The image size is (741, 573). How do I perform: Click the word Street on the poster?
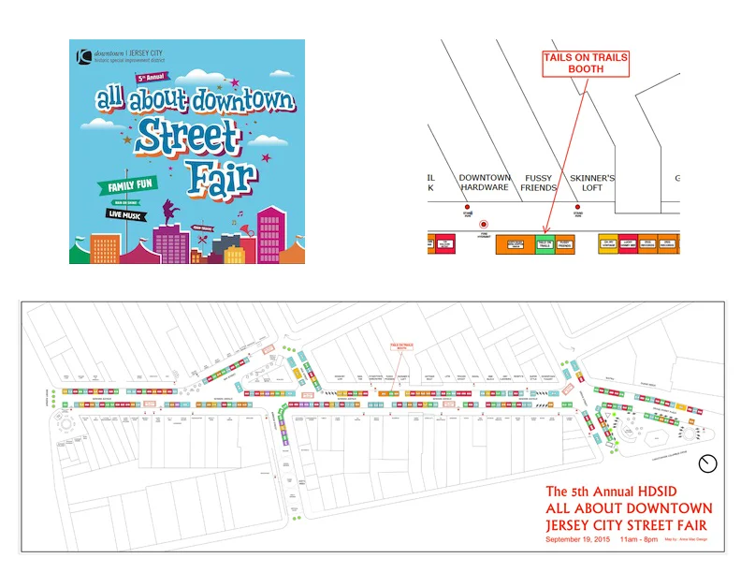coord(187,138)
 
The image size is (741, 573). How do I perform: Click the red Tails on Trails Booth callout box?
coord(587,64)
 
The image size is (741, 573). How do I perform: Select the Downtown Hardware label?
coord(485,183)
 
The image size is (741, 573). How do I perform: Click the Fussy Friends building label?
coord(539,183)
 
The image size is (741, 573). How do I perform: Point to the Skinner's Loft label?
coord(592,183)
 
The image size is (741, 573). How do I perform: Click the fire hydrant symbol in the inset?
coord(484,225)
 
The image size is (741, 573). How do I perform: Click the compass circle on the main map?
coord(708,463)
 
